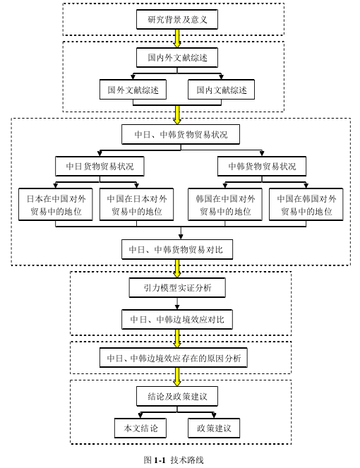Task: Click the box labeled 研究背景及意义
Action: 177,19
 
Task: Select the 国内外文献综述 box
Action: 177,58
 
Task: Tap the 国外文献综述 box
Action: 133,90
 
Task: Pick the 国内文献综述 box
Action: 221,90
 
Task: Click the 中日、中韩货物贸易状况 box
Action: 181,134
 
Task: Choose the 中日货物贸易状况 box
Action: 100,167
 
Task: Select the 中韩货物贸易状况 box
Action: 262,167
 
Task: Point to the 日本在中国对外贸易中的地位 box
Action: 56,205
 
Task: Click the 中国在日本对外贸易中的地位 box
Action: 136,205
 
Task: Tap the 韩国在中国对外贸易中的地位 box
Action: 225,205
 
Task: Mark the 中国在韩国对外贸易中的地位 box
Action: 306,205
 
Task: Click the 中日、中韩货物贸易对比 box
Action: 177,249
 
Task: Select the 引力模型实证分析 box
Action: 177,288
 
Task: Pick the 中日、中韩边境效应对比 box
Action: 177,320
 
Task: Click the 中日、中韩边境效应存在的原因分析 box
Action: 174,358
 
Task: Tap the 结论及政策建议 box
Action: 177,397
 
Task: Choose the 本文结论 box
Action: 140,428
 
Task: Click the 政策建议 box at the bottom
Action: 214,428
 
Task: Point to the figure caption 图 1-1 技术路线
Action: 174,460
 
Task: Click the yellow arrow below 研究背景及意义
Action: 177,39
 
